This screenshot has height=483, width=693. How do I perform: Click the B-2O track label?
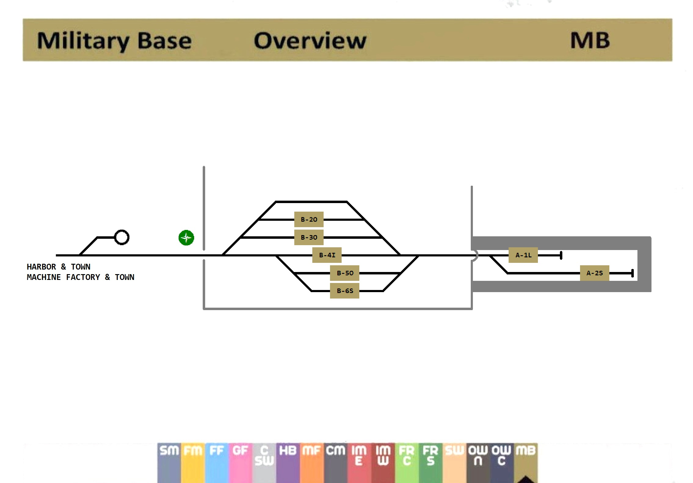pyautogui.click(x=309, y=220)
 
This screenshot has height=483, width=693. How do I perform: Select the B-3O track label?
pyautogui.click(x=309, y=238)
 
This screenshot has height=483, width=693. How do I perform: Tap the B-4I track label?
pyautogui.click(x=327, y=255)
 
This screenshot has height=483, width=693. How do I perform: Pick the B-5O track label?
pyautogui.click(x=345, y=273)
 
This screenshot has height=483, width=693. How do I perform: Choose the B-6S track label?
pyautogui.click(x=345, y=291)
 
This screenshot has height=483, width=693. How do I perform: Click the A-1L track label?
pyautogui.click(x=523, y=255)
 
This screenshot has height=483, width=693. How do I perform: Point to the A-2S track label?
pyautogui.click(x=594, y=273)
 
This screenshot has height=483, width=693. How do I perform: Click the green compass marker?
pyautogui.click(x=186, y=238)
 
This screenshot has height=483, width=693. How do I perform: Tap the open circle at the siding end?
pyautogui.click(x=122, y=237)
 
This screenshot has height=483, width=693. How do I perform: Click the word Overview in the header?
pyautogui.click(x=310, y=41)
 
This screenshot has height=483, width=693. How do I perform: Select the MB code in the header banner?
pyautogui.click(x=590, y=41)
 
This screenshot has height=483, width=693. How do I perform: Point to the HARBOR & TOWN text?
pyautogui.click(x=59, y=267)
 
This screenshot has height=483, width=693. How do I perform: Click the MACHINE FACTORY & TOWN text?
pyautogui.click(x=81, y=277)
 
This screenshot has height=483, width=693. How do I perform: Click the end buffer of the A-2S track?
pyautogui.click(x=632, y=273)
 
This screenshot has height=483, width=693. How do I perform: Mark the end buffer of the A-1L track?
pyautogui.click(x=561, y=255)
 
